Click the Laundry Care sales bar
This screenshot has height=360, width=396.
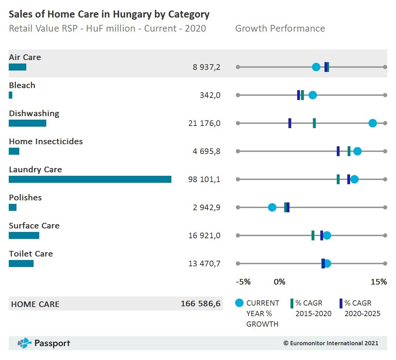coord(90,179)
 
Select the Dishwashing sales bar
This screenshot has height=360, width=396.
coord(27,123)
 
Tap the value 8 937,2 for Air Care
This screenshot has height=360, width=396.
coord(206,67)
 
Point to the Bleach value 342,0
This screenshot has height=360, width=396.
coord(210,95)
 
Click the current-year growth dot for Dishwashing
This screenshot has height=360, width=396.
coord(373,123)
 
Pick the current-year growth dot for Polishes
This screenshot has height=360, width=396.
coord(272,207)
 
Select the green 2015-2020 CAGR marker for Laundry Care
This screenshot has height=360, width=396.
coord(338,179)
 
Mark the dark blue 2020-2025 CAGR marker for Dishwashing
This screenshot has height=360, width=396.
coord(290,123)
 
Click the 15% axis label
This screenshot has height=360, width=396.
coord(378,282)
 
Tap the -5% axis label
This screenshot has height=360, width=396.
coord(243,282)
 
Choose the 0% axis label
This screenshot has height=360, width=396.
coord(279,282)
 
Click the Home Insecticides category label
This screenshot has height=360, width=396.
coord(46,141)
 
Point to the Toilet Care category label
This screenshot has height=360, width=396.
coord(31,254)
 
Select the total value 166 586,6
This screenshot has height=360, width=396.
coord(200,304)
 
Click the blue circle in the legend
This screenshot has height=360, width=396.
coord(239,303)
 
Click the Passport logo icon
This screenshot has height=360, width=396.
coord(25,343)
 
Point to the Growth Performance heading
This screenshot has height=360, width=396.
coord(280,28)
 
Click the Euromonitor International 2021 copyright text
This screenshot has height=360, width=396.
coord(331,343)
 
